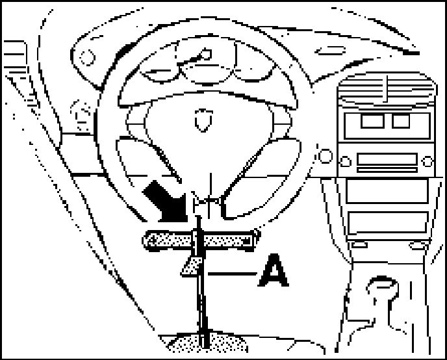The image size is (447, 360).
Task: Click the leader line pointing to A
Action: pyautogui.click(x=230, y=274)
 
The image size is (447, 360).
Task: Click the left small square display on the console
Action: pyautogui.click(x=372, y=120)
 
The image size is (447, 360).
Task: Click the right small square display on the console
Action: pyautogui.click(x=401, y=120)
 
